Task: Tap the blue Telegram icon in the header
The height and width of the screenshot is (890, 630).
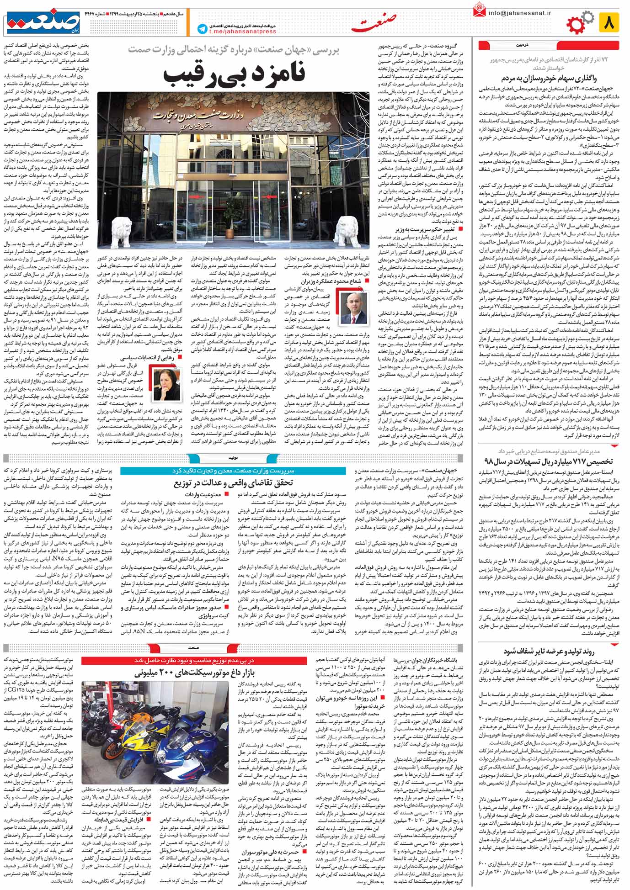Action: click(x=202, y=29)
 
